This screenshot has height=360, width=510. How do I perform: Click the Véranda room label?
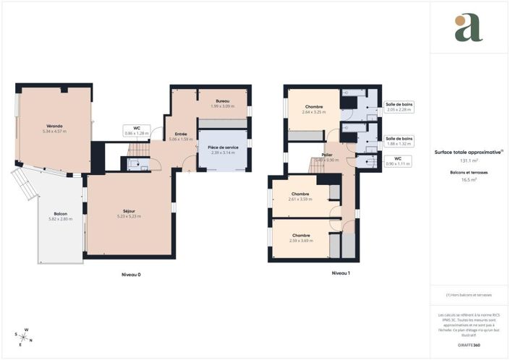coord(54,129)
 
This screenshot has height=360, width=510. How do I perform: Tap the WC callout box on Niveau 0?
coord(136,131)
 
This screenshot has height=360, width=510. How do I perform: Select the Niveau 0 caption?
coord(131,275)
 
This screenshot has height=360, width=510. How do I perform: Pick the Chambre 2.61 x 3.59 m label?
coord(300,196)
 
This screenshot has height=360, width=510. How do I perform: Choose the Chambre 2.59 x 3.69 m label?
coord(301,238)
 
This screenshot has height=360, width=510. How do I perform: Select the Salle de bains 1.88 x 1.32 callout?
coord(399,141)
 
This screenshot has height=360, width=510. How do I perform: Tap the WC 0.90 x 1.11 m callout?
coord(398,161)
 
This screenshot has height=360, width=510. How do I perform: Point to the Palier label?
coord(328,158)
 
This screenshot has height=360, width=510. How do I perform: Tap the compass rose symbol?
coord(23,336)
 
